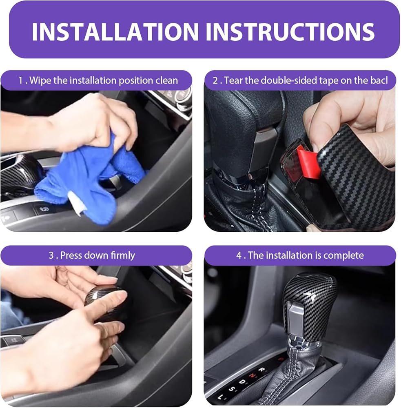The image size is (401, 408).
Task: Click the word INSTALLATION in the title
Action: (115, 32)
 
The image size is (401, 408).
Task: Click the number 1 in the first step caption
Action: (20, 80)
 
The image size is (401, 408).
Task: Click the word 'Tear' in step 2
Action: (233, 80)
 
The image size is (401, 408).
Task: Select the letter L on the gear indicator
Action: (220, 397)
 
